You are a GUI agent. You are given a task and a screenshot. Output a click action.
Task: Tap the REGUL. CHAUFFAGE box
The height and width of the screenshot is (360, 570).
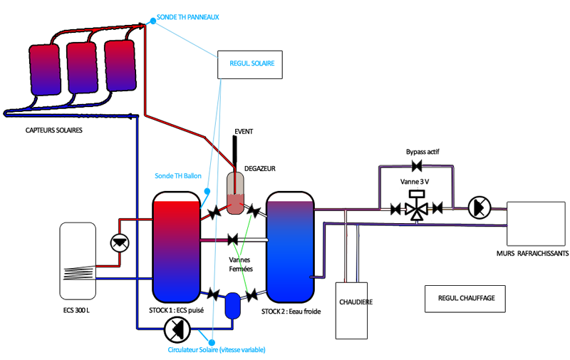(x=465, y=299)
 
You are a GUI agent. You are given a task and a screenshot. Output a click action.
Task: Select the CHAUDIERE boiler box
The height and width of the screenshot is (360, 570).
(x=351, y=311)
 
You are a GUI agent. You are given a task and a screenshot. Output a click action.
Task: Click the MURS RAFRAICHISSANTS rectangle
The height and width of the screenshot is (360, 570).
(x=536, y=224)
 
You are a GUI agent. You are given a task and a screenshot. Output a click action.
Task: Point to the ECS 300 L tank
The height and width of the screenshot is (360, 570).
(x=78, y=261)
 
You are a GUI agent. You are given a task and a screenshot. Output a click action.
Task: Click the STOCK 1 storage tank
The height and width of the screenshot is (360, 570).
(x=176, y=247)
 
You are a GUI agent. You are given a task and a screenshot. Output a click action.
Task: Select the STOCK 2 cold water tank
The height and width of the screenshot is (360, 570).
(x=290, y=247)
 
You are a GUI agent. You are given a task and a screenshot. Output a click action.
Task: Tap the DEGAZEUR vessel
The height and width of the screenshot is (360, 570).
(x=235, y=192)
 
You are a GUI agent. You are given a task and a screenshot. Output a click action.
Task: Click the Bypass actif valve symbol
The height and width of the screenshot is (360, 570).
(x=417, y=167)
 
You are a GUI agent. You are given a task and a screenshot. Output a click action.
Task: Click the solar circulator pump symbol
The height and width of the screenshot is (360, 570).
(x=177, y=329)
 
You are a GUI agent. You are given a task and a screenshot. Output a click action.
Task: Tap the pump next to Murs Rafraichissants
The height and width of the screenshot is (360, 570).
(x=479, y=207)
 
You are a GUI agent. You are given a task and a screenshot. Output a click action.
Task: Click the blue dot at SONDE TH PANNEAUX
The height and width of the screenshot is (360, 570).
(x=153, y=21)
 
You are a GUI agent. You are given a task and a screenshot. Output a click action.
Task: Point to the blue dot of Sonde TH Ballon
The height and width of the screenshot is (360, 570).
(x=207, y=191)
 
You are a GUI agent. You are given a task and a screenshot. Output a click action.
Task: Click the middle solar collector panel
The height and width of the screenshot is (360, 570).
(x=82, y=68)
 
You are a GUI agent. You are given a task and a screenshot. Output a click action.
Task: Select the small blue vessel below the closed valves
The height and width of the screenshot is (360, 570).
(x=233, y=306)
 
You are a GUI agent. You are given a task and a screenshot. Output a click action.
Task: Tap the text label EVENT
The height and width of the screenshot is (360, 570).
(x=244, y=132)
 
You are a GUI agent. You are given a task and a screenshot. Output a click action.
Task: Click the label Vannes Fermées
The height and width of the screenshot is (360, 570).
(x=241, y=264)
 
